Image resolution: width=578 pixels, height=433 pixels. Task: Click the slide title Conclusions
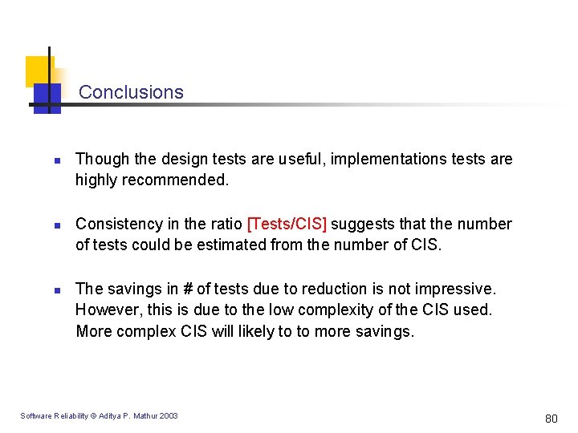[131, 92]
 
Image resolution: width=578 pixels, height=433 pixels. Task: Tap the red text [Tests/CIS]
[287, 224]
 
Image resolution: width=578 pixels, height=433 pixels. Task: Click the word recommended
[176, 180]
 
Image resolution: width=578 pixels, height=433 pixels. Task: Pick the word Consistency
[117, 224]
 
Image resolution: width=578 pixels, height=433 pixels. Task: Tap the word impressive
[457, 289]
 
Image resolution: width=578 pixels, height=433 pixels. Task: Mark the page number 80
[551, 418]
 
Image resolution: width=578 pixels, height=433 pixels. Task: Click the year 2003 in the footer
[169, 415]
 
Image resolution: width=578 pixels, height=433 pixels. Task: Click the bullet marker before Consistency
[47, 225]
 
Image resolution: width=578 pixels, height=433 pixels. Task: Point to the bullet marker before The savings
[47, 289]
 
